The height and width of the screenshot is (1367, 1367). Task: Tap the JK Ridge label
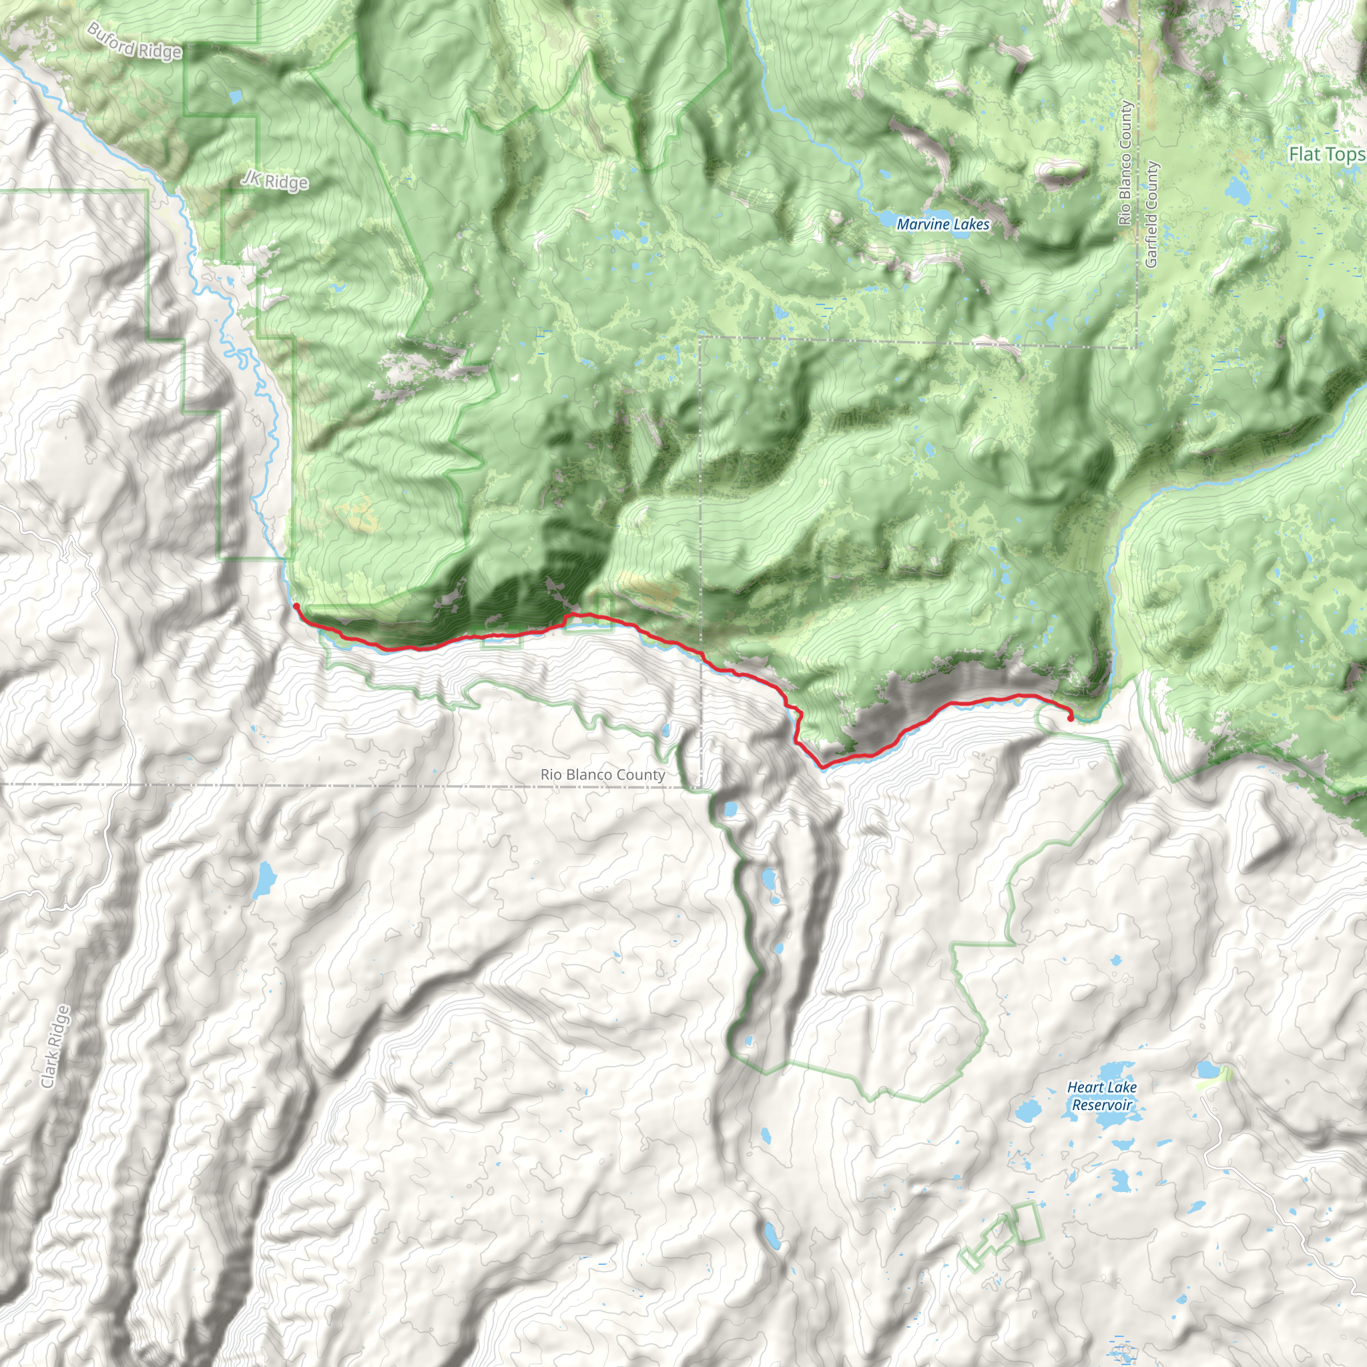(274, 180)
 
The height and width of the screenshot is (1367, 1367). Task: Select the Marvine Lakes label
(942, 224)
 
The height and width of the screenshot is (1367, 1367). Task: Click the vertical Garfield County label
(1151, 214)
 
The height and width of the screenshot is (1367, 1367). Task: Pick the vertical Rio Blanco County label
(1126, 164)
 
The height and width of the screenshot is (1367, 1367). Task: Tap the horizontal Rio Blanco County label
(602, 775)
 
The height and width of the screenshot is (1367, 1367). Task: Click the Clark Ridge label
(56, 1047)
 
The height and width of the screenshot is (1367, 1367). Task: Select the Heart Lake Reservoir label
(1101, 1096)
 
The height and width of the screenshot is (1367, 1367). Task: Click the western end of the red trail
(296, 606)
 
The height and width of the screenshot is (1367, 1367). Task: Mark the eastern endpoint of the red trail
(1070, 718)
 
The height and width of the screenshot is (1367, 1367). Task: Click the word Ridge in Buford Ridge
(160, 50)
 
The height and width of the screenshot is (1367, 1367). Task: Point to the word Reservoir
(1101, 1105)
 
